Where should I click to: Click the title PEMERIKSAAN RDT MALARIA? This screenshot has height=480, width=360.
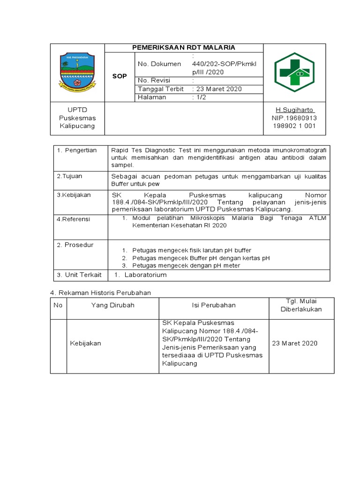(x=183, y=48)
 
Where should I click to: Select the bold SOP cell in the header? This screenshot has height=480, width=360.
(x=120, y=76)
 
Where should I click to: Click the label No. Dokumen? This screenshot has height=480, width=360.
(x=159, y=64)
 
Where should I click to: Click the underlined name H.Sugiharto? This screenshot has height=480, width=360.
(x=295, y=110)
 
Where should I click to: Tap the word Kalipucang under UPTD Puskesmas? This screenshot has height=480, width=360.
(x=77, y=126)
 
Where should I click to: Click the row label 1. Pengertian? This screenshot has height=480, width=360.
(x=77, y=150)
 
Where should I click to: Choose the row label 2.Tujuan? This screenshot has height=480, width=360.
(x=70, y=176)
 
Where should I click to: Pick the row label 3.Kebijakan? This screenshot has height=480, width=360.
(x=74, y=195)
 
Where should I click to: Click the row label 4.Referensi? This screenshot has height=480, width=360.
(x=74, y=219)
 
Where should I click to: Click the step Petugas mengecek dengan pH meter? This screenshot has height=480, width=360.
(x=186, y=266)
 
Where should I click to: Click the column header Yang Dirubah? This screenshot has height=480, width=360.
(x=112, y=305)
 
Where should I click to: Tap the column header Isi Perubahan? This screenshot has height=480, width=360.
(x=214, y=305)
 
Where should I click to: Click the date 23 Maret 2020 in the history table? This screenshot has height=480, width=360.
(x=295, y=343)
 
